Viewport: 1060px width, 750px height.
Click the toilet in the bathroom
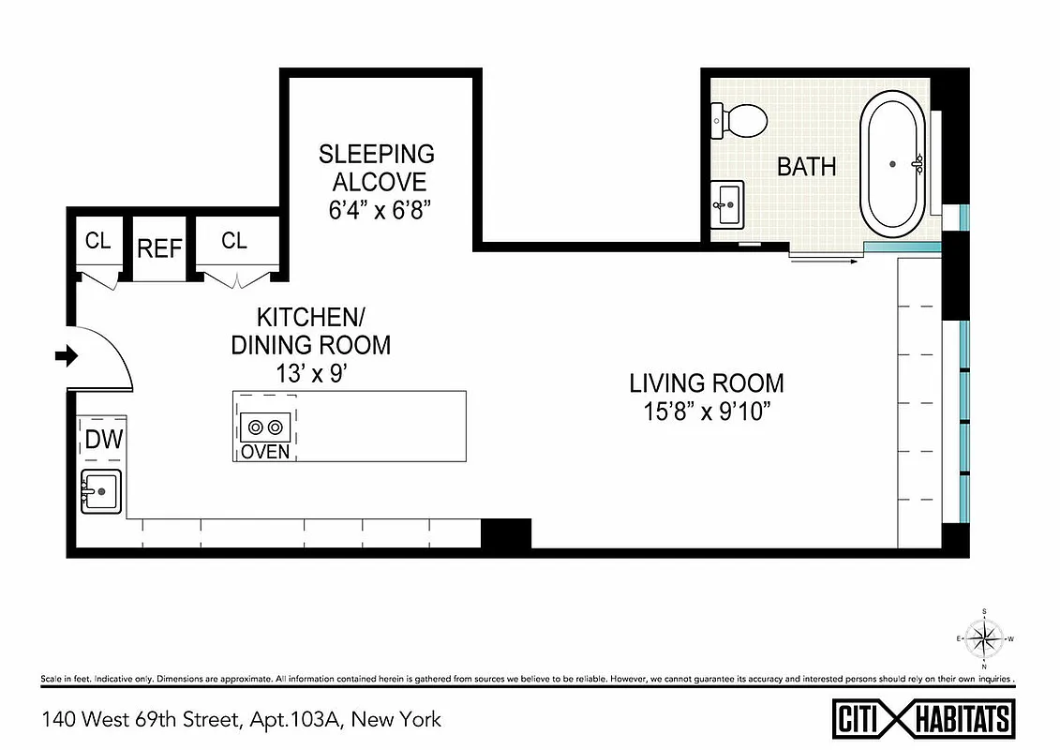pos(740,119)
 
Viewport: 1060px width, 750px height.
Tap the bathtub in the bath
pos(893,164)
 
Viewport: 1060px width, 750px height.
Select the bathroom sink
pos(726,203)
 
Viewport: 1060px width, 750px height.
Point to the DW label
pos(104,439)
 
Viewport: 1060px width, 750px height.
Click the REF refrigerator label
pos(160,248)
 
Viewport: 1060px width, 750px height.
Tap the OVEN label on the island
pos(265,452)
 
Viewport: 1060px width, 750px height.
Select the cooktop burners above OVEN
pos(264,427)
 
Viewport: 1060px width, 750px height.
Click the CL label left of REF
pos(97,241)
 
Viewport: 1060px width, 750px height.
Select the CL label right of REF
pos(234,241)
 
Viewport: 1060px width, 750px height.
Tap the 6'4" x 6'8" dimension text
pos(372,211)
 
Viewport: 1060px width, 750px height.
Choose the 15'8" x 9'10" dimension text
pos(707,412)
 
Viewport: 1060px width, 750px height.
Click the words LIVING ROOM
pos(707,382)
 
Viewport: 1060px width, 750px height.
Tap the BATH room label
pos(806,167)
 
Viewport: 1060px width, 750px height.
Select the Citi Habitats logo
pos(923,719)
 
